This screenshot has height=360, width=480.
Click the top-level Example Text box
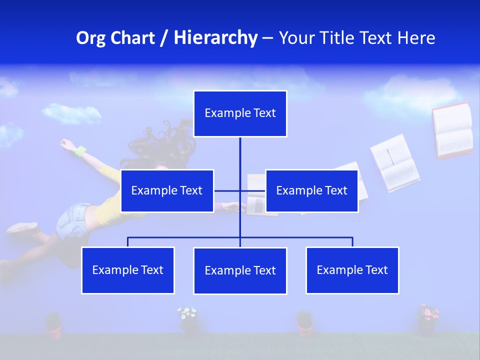click(x=240, y=113)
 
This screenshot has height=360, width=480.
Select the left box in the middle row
click(x=167, y=190)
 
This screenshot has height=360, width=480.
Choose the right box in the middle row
click(x=311, y=190)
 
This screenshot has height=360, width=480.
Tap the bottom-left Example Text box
click(x=128, y=270)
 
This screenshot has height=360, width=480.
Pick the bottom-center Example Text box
click(x=240, y=270)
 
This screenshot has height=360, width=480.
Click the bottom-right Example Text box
click(x=352, y=270)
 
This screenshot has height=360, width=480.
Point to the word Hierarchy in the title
click(x=215, y=38)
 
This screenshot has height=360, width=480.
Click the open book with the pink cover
click(x=452, y=131)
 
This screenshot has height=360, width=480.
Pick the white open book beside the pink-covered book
click(x=395, y=163)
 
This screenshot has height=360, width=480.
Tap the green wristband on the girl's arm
click(x=80, y=150)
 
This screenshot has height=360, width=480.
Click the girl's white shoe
click(x=22, y=228)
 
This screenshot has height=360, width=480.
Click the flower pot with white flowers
click(x=188, y=320)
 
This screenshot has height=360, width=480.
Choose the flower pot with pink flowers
click(x=427, y=319)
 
